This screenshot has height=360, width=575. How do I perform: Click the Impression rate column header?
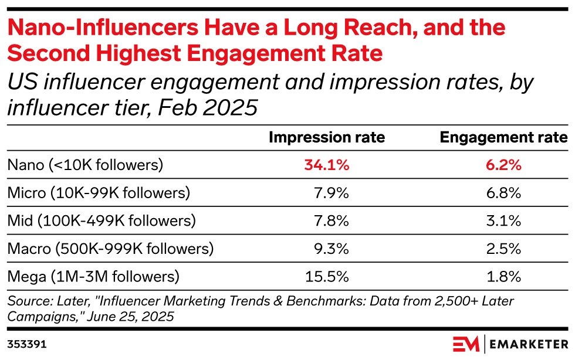327,137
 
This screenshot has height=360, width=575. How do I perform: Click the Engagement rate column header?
503,137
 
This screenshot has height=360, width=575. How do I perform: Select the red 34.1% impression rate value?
327,165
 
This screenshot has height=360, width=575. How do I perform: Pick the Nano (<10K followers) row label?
85,165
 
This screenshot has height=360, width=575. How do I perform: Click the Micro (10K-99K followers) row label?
99,193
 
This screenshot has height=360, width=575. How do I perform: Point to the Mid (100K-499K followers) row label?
102,220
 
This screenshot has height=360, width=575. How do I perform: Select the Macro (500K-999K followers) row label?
110,248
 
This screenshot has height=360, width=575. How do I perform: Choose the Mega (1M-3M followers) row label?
93,276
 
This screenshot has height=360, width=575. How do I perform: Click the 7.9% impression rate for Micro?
332,193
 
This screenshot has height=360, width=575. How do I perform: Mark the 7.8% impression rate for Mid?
332,220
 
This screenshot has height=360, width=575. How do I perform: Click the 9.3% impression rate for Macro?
332,248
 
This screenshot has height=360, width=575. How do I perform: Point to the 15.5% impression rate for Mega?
327,276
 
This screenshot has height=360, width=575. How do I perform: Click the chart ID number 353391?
27,343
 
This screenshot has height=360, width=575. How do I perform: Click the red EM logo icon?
466,344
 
